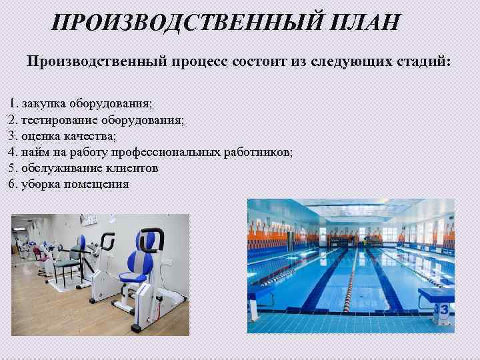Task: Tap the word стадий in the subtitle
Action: click(423, 62)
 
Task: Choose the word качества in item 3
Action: click(91, 137)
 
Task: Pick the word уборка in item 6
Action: click(41, 185)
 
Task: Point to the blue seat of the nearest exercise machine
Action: click(141, 260)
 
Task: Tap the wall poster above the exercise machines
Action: click(88, 219)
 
